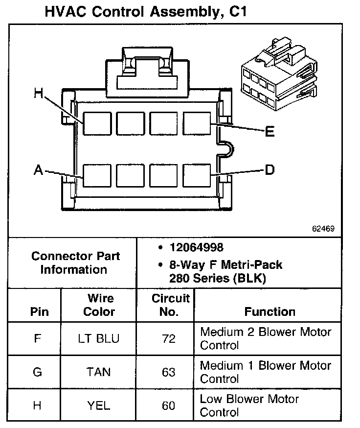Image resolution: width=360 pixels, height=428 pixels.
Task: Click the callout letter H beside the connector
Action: [x=39, y=93]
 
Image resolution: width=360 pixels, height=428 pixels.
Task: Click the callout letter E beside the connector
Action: [x=270, y=132]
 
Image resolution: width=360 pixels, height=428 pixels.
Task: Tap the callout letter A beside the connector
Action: [x=38, y=170]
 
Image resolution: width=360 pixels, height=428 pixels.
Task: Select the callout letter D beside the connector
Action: [x=270, y=170]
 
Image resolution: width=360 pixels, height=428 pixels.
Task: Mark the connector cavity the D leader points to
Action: [x=196, y=175]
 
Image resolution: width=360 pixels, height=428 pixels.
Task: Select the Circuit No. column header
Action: [x=170, y=305]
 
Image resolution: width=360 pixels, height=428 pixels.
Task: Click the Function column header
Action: [x=270, y=311]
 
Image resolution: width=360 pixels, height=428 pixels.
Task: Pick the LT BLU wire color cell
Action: [x=99, y=338]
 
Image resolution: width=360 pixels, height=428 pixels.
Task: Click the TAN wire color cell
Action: [x=99, y=372]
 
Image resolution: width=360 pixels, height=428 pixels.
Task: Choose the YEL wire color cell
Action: [x=99, y=405]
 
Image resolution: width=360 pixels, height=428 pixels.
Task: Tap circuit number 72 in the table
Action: [x=168, y=338]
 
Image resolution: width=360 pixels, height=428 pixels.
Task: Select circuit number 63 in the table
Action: [x=168, y=372]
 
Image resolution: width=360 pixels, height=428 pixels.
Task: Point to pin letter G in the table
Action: [x=37, y=372]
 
